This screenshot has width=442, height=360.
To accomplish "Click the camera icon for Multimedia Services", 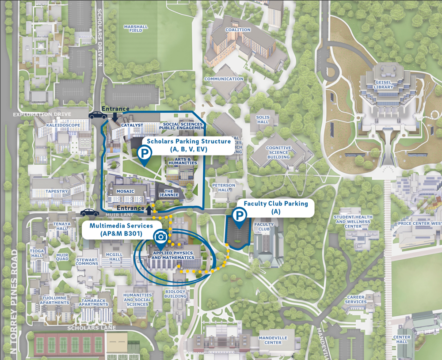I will pyautogui.click(x=160, y=237).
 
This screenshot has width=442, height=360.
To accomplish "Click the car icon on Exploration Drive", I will pyautogui.click(x=98, y=115).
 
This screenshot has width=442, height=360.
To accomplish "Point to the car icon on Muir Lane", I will pyautogui.click(x=90, y=212).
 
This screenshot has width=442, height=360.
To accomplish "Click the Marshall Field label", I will pyautogui.click(x=136, y=29).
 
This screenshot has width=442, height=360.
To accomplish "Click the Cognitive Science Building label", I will pyautogui.click(x=278, y=152).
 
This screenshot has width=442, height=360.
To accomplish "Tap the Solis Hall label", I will pyautogui.click(x=263, y=120).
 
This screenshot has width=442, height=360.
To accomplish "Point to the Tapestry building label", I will pyautogui.click(x=57, y=192).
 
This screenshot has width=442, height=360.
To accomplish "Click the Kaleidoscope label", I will pyautogui.click(x=63, y=125).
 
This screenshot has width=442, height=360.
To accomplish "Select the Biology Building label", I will pyautogui.click(x=175, y=294).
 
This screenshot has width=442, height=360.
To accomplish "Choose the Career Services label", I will pyautogui.click(x=357, y=299).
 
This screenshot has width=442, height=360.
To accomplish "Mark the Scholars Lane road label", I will pyautogui.click(x=91, y=328).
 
